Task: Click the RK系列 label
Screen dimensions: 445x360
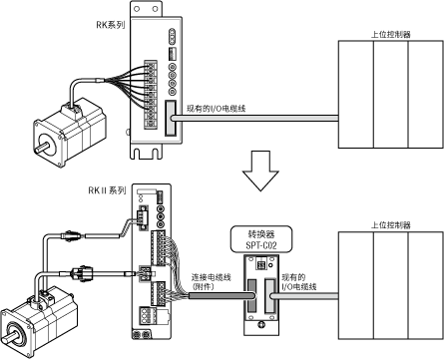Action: (111, 25)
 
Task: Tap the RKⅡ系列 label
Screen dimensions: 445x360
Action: (107, 190)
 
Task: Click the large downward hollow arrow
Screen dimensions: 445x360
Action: (260, 171)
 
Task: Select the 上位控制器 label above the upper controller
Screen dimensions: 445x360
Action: (391, 35)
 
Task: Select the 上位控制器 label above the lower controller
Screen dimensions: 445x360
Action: (391, 225)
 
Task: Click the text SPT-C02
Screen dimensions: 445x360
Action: (261, 245)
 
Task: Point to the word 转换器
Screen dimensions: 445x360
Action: (261, 234)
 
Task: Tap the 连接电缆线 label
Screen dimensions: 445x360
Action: (211, 277)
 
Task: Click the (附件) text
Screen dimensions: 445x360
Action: (203, 286)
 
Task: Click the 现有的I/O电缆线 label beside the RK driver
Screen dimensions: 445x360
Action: (216, 109)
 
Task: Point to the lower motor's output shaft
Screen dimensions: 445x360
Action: (9, 338)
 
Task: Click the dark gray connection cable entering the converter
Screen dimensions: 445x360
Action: (221, 296)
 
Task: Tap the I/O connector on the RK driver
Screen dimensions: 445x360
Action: (170, 119)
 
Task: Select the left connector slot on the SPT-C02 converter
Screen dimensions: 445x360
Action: (252, 296)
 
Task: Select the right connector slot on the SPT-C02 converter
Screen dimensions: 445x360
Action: (269, 296)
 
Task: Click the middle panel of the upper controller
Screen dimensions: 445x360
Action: (390, 95)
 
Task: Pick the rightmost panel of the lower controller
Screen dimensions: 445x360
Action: (426, 285)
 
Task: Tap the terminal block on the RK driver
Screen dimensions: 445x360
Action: (151, 95)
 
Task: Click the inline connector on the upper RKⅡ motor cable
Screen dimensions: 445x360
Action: (70, 235)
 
